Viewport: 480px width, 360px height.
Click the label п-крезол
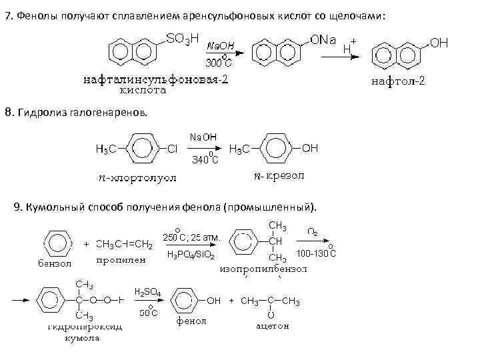[x=279, y=177]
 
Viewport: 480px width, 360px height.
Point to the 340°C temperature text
[x=205, y=160]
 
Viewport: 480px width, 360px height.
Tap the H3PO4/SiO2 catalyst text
[x=190, y=255]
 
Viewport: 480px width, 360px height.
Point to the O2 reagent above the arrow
[x=312, y=232]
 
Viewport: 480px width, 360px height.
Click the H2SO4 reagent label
[x=147, y=292]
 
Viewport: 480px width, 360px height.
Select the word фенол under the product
[x=192, y=320]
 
